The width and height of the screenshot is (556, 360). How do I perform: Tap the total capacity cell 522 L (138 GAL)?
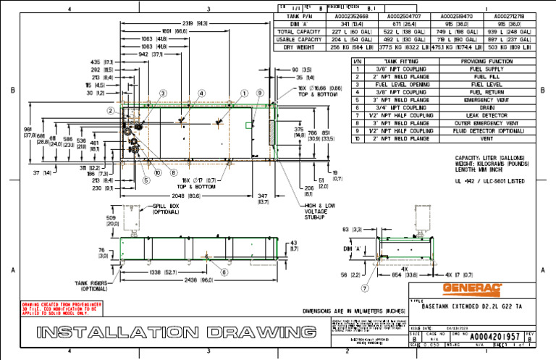point(397,31)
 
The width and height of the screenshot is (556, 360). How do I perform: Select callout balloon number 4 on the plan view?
point(201,93)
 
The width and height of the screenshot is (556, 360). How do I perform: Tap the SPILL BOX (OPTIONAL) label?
point(167,209)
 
